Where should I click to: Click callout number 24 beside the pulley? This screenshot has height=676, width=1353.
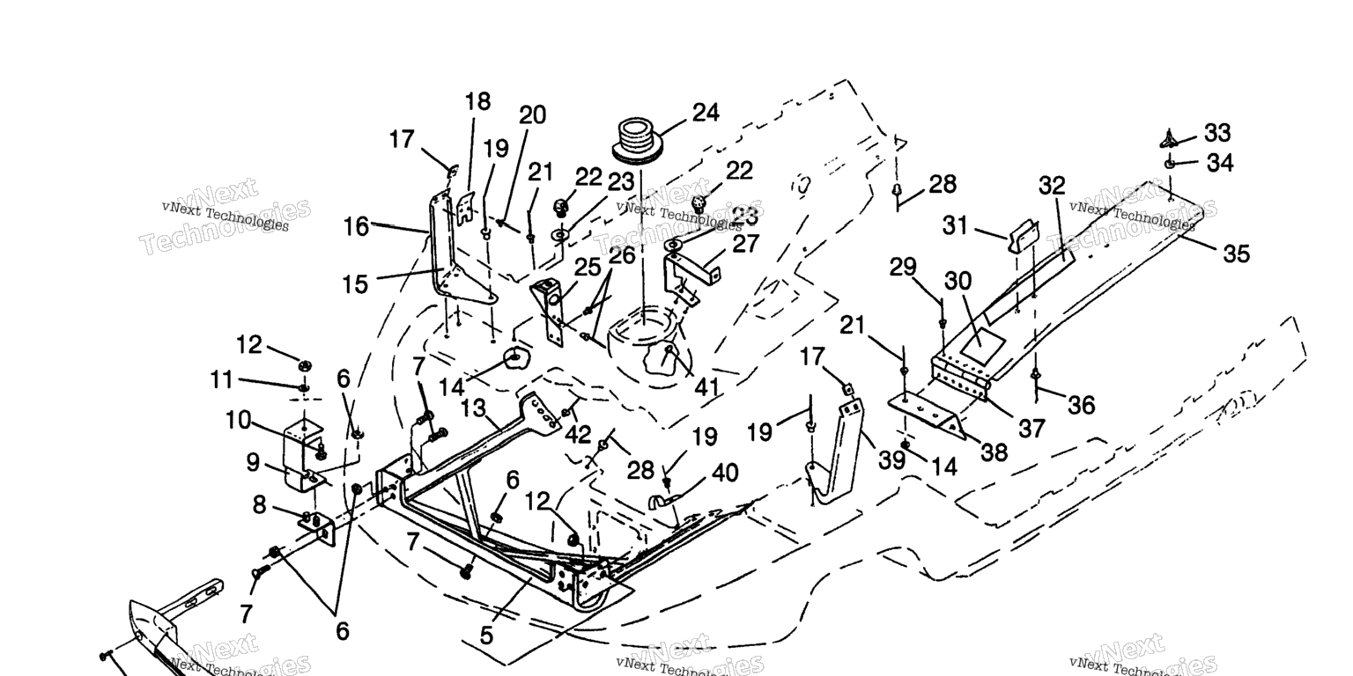coord(706,113)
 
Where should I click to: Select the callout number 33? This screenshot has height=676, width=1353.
coord(1217,133)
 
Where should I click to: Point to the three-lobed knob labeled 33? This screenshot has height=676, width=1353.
coord(1170,137)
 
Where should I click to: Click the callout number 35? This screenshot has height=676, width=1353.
coord(1237,253)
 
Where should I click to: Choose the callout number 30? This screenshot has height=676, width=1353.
coord(957,281)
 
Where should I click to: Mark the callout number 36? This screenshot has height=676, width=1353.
coord(1081,404)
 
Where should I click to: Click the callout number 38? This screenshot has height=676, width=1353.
coord(994,452)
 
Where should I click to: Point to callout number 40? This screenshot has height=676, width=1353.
coord(725,473)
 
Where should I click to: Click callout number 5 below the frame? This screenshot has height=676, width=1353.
coord(487,635)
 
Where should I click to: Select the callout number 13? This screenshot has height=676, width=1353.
coord(473,408)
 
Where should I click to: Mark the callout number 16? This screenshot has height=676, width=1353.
coord(356,227)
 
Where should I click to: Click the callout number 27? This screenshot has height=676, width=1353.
coord(745,244)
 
